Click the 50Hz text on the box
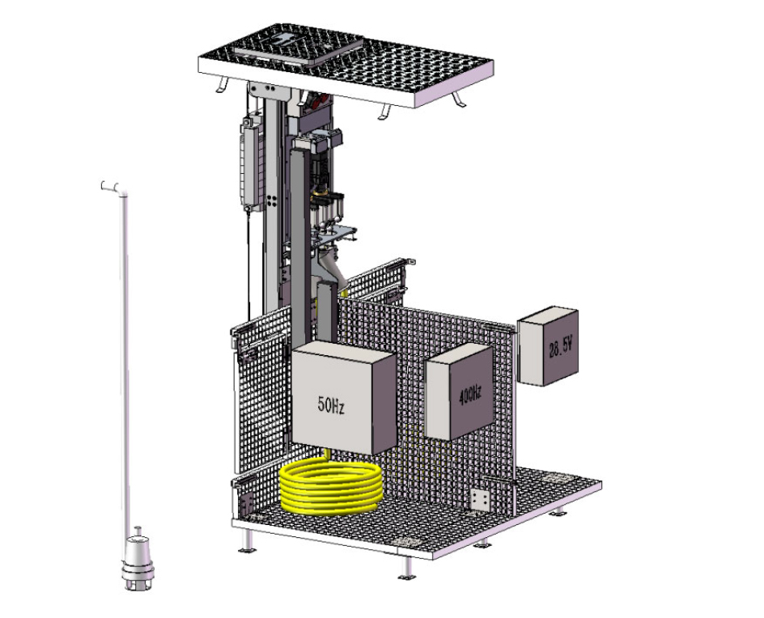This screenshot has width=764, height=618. tap(331, 405)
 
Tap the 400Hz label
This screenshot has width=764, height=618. tap(470, 394)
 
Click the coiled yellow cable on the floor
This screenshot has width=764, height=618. tap(331, 488)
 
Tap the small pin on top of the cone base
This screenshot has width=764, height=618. tap(138, 531)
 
